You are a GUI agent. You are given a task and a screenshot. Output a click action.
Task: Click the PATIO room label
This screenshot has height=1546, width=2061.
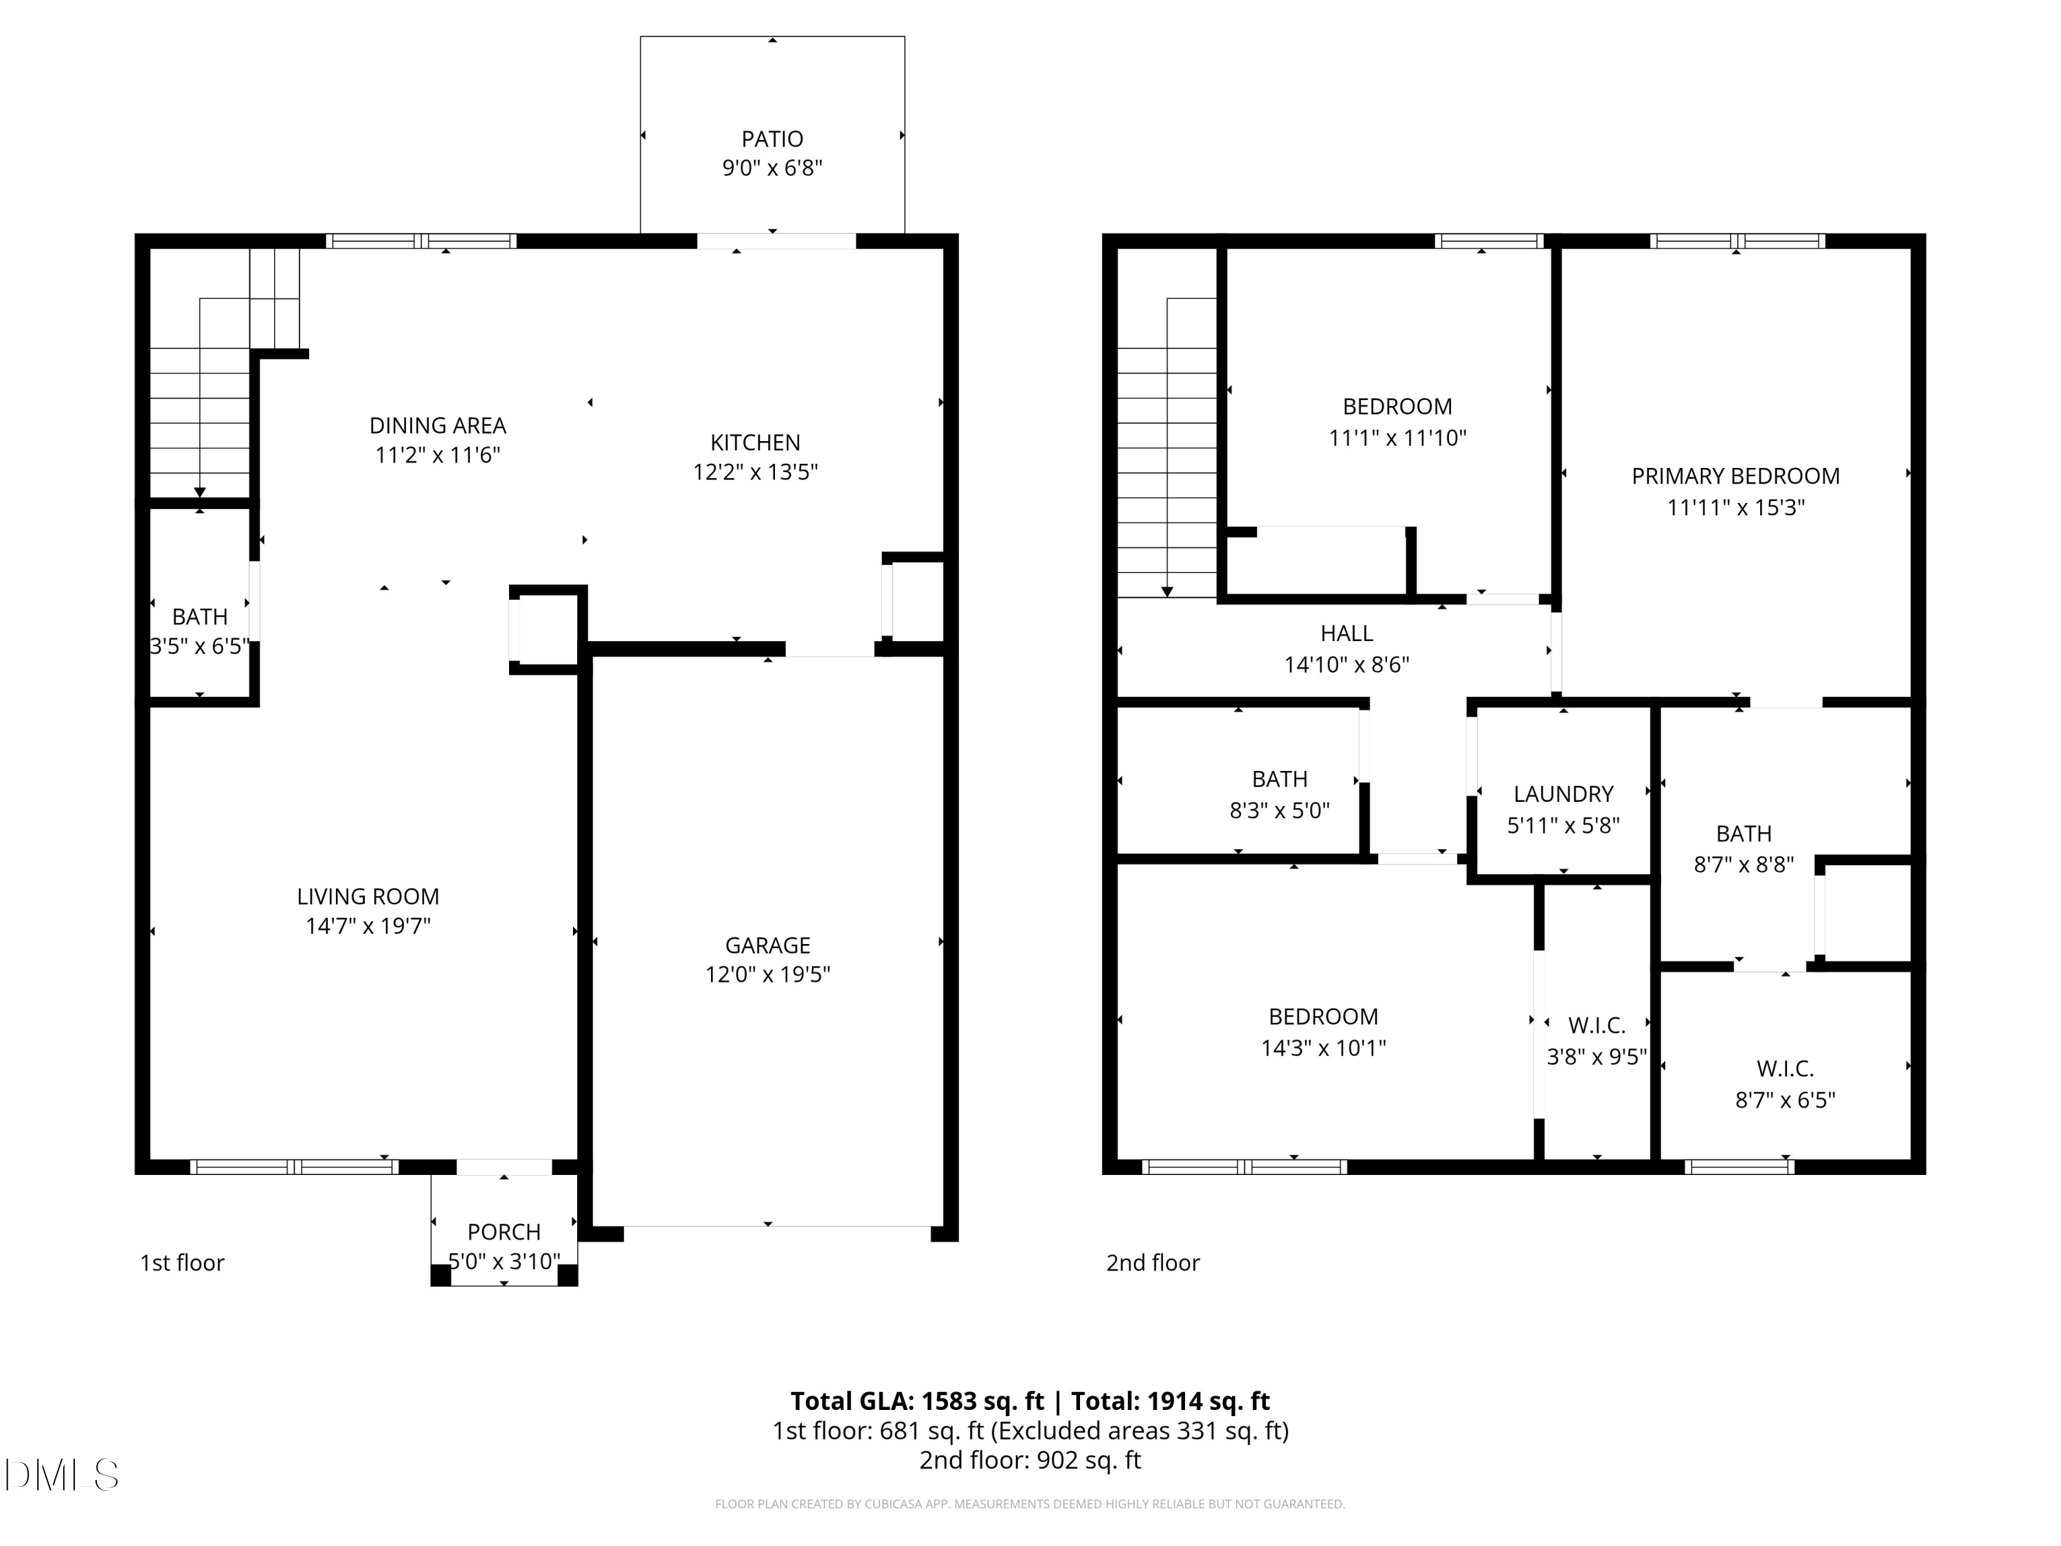(772, 139)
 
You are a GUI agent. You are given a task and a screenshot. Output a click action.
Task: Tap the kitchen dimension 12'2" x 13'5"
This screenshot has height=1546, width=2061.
(755, 471)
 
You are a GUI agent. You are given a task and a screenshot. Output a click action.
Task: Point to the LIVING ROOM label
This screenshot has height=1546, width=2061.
(368, 897)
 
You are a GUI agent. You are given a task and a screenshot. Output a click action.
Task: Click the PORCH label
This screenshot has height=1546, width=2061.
(504, 1232)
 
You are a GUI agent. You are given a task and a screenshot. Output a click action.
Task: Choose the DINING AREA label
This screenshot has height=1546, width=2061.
(437, 426)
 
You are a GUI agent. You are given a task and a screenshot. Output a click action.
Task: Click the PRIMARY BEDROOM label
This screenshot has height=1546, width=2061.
(1735, 476)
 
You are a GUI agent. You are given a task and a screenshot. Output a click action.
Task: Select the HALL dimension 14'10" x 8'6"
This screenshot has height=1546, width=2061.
(1347, 664)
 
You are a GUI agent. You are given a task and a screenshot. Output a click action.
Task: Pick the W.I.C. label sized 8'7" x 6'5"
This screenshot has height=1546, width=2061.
(1784, 1069)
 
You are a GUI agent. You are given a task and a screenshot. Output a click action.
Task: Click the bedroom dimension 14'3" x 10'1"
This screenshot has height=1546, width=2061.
(1323, 1047)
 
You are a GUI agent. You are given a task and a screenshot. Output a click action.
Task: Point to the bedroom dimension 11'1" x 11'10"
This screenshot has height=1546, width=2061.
(1397, 438)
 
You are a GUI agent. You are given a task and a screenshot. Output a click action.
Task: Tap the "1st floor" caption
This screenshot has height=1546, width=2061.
(183, 1263)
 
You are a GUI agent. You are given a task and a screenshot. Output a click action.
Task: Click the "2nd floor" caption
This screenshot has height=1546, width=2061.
(1153, 1263)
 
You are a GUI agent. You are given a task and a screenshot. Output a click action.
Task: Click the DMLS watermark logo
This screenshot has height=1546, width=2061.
(62, 1475)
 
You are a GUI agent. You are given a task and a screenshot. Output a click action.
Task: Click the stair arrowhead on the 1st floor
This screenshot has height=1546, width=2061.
(199, 492)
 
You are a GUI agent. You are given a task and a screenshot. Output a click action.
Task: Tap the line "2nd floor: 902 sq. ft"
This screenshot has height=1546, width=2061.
(1030, 1459)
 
